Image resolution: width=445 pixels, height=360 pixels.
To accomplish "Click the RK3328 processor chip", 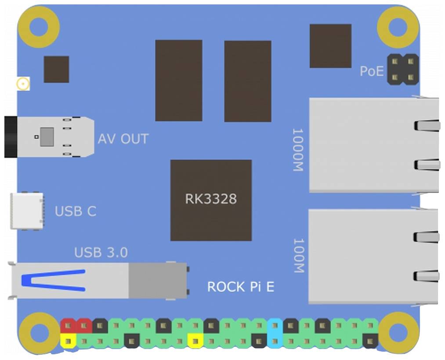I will point(211,200).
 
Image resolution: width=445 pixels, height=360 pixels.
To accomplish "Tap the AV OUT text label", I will point(123,139).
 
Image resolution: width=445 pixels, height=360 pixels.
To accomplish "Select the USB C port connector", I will point(27,211).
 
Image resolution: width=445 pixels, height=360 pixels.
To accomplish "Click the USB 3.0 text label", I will point(101,253).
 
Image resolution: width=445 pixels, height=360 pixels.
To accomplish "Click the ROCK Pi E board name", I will point(241,287).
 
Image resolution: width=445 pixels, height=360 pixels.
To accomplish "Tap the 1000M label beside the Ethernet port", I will point(298,150).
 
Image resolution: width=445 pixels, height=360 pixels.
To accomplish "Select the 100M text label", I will point(298,255).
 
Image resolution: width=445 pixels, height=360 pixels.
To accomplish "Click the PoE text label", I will point(372,71).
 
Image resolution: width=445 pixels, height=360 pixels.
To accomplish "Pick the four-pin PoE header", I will point(402,69).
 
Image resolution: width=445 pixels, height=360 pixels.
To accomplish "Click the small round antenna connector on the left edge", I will point(22,84).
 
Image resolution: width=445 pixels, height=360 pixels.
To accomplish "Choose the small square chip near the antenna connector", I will point(56,69).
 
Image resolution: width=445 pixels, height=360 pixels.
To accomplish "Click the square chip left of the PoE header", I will point(330,46).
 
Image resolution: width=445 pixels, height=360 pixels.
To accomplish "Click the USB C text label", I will point(76,211).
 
